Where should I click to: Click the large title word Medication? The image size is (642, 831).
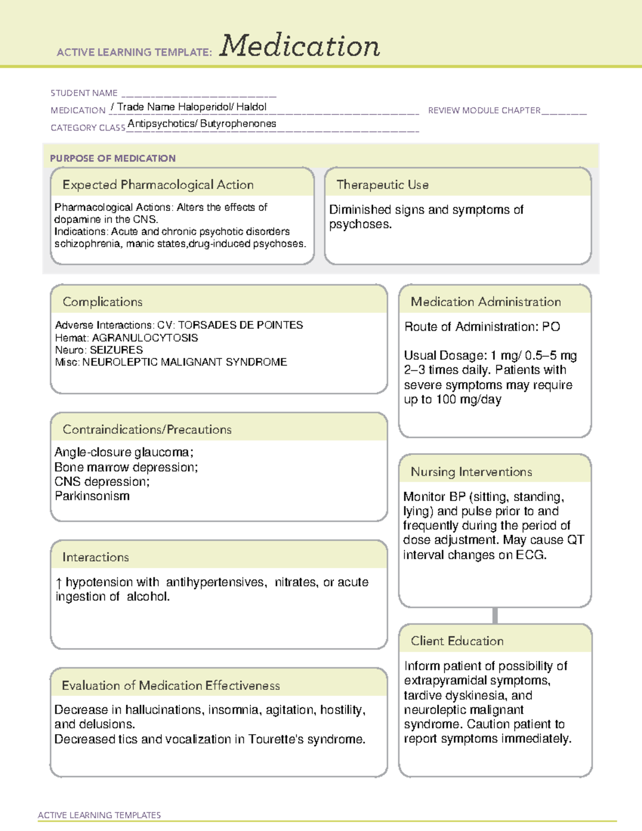point(300,46)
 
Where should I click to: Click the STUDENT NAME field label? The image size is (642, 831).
point(84,93)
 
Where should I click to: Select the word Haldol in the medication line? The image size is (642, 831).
point(251,107)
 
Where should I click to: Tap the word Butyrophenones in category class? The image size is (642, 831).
point(238,124)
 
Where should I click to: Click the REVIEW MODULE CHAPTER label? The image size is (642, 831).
point(484,110)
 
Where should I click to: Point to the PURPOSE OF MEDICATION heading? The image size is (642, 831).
point(113,158)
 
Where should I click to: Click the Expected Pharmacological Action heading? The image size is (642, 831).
point(158,185)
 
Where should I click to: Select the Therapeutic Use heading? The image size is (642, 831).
point(383,185)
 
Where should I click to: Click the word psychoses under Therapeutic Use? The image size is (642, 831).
point(360,224)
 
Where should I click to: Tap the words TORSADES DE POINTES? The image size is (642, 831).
point(240,325)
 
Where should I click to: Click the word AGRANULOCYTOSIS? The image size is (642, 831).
point(145,338)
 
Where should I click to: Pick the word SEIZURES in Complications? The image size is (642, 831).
point(116,350)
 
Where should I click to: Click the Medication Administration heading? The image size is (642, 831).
point(486,302)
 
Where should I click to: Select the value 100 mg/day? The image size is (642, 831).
point(468,399)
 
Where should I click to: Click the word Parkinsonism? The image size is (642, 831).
point(92,496)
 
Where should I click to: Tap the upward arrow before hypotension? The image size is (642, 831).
point(59,583)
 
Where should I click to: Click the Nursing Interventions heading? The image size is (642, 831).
point(471,472)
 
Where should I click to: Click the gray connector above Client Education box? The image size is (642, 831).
point(495,615)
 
